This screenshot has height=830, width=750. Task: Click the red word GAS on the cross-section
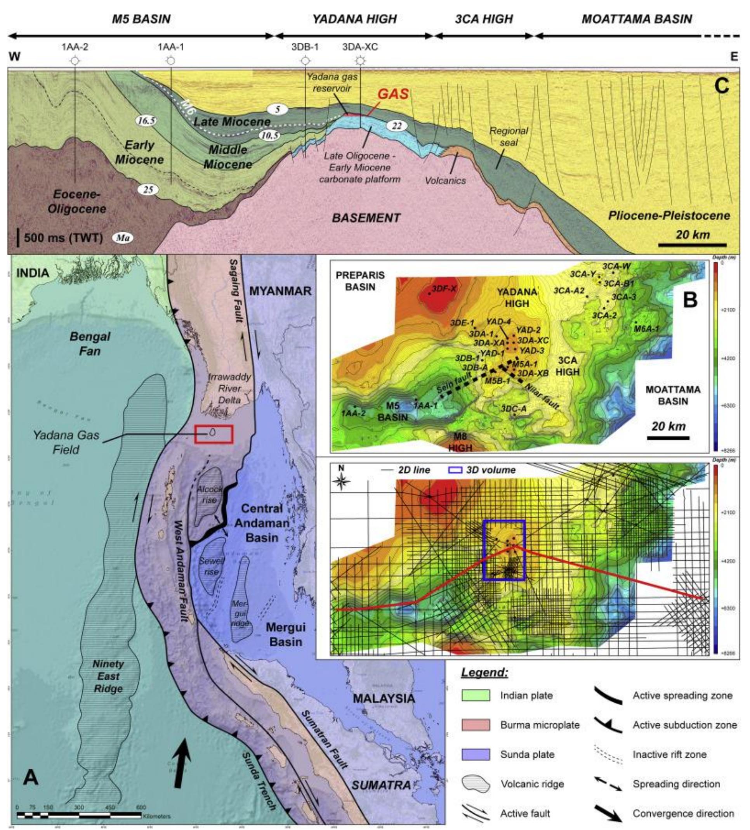tap(393, 94)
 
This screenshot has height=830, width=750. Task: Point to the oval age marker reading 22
tap(396, 126)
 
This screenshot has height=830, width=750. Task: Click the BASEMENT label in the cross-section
tap(366, 218)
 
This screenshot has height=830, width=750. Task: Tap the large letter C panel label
tap(721, 87)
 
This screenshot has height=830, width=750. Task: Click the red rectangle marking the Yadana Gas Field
tap(214, 434)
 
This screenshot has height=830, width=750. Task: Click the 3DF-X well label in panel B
tap(444, 289)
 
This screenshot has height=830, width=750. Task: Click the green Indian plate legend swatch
tap(475, 695)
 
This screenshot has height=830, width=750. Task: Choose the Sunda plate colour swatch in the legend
tap(475, 755)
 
